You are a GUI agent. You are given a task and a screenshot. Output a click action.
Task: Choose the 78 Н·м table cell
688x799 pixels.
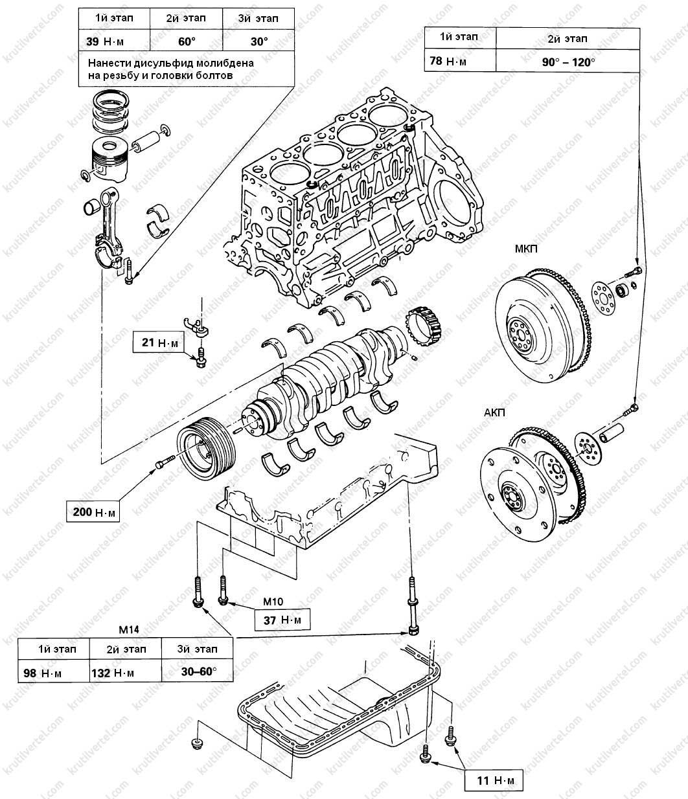coord(459,62)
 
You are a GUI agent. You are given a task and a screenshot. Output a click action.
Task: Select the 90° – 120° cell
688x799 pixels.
coord(567,62)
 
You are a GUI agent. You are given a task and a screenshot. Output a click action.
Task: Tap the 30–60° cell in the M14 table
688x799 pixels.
coord(197,673)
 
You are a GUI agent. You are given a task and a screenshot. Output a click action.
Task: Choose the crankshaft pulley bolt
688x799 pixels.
coord(163,462)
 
